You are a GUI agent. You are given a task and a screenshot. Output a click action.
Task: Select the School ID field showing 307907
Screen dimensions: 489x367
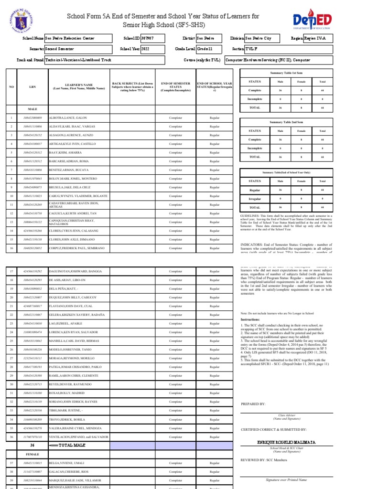[x=151, y=38]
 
